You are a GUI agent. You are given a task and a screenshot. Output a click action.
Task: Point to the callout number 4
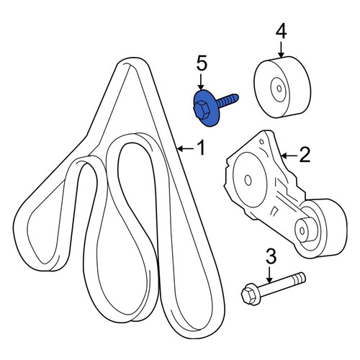pyautogui.click(x=281, y=32)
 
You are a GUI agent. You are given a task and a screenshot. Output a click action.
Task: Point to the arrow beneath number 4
pyautogui.click(x=280, y=50)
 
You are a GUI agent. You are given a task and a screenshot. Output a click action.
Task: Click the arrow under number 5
pyautogui.click(x=201, y=82)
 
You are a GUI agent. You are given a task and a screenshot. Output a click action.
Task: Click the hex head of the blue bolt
pyautogui.click(x=202, y=110)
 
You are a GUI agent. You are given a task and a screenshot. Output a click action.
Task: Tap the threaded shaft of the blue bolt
pyautogui.click(x=228, y=100)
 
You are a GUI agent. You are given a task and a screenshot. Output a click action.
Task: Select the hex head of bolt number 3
pyautogui.click(x=248, y=295)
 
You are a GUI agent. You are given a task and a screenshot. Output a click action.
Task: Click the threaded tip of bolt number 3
pyautogui.click(x=299, y=278)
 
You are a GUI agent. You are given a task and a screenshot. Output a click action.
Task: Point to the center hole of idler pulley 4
pyautogui.click(x=279, y=89)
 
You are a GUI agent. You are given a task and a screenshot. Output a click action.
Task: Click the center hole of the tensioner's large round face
pyautogui.click(x=248, y=180)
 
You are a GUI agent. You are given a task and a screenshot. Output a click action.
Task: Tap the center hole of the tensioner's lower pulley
pyautogui.click(x=302, y=231)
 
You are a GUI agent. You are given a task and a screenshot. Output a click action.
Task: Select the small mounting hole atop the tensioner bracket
pyautogui.click(x=261, y=142)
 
